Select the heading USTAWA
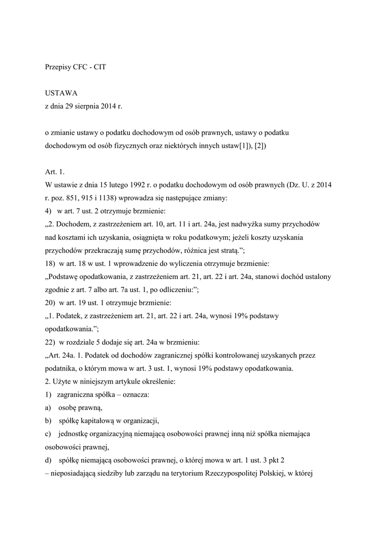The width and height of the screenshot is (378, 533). (61, 93)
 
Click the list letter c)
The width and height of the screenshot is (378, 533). (48, 433)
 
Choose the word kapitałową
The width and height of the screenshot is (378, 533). (96, 420)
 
